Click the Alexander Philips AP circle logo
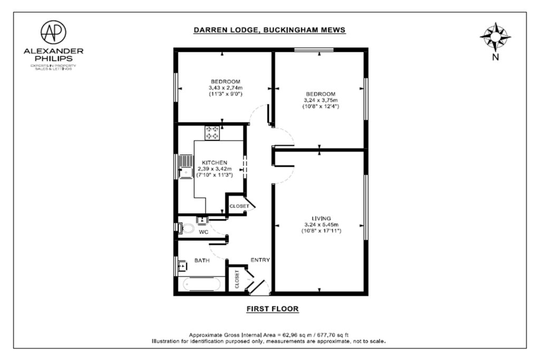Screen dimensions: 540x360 [53, 32]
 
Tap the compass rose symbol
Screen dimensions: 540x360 [495, 37]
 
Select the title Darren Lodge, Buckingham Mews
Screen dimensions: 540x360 [269, 30]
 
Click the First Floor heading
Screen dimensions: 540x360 [273, 309]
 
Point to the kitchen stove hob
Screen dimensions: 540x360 [212, 133]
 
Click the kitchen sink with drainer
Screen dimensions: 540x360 [186, 167]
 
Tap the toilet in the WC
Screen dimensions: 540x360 [186, 228]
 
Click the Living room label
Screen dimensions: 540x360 [321, 218]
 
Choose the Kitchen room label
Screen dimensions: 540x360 [215, 162]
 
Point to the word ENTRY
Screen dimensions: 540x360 [261, 260]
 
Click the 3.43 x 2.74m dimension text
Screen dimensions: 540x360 [226, 88]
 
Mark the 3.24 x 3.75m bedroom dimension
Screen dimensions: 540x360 [321, 100]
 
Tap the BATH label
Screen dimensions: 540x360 [202, 260]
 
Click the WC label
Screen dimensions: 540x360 [204, 232]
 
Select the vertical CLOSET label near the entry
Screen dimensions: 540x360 [237, 279]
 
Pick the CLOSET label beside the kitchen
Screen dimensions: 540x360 [239, 206]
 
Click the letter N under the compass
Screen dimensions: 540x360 [496, 57]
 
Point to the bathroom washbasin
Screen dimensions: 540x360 [182, 266]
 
